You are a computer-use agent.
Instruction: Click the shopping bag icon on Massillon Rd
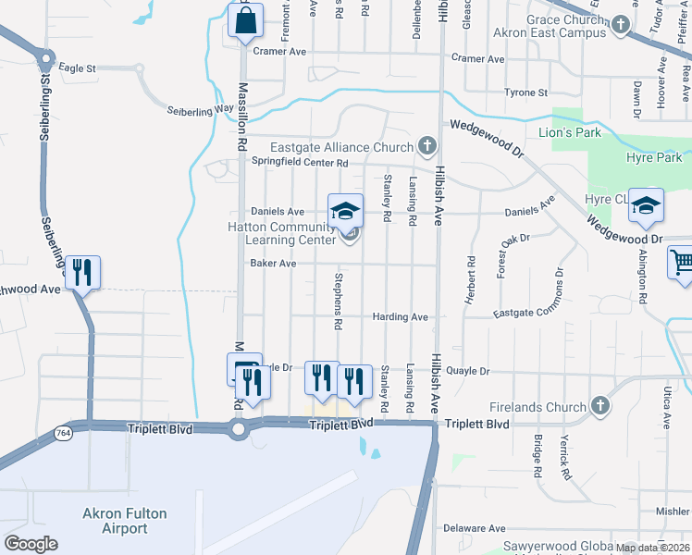[x=245, y=20]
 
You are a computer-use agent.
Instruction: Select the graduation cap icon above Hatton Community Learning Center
[x=345, y=210]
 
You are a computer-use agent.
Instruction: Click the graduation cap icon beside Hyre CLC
[x=646, y=205]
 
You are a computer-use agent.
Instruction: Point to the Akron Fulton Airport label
[x=116, y=521]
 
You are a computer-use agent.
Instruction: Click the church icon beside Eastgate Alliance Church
[x=426, y=146]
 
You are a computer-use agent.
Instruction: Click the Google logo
[x=31, y=544]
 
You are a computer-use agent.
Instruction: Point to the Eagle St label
[x=78, y=68]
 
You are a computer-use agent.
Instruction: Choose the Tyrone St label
[x=526, y=92]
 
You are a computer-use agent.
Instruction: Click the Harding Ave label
[x=400, y=317]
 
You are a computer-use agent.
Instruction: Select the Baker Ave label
[x=273, y=264]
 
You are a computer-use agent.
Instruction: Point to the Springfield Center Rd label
[x=300, y=163]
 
